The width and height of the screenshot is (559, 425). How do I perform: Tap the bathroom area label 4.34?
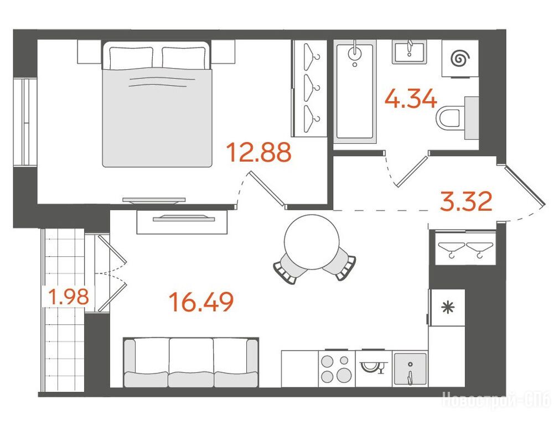pyautogui.click(x=411, y=99)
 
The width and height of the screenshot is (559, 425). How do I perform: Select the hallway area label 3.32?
pyautogui.click(x=467, y=201)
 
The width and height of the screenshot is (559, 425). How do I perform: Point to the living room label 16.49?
pyautogui.click(x=201, y=302)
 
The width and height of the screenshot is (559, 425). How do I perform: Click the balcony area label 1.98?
pyautogui.click(x=69, y=297)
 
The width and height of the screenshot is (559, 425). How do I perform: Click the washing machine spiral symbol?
pyautogui.click(x=460, y=58)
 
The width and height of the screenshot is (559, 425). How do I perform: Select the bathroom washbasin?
pyautogui.click(x=409, y=51)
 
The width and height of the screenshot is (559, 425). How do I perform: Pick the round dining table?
pyautogui.click(x=311, y=242)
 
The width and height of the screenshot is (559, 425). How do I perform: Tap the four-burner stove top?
pyautogui.click(x=337, y=369)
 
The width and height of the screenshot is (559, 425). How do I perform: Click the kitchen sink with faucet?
pyautogui.click(x=410, y=369)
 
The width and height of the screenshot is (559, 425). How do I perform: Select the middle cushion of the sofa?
pyautogui.click(x=191, y=362)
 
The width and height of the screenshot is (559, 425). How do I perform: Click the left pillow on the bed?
pyautogui.click(x=131, y=58)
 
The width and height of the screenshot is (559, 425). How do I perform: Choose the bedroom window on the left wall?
pyautogui.click(x=25, y=122)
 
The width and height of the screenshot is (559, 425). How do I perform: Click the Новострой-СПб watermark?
pyautogui.click(x=496, y=400)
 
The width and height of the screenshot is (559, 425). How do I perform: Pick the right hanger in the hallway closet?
pyautogui.click(x=479, y=249)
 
